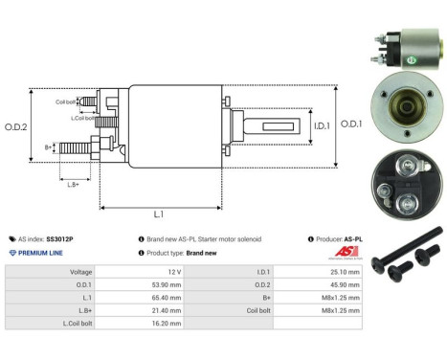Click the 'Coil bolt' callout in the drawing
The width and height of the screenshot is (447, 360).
[x=65, y=101]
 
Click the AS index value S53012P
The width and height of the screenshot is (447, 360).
[x=60, y=238]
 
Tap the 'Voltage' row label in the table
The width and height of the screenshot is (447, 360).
[x=80, y=272]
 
